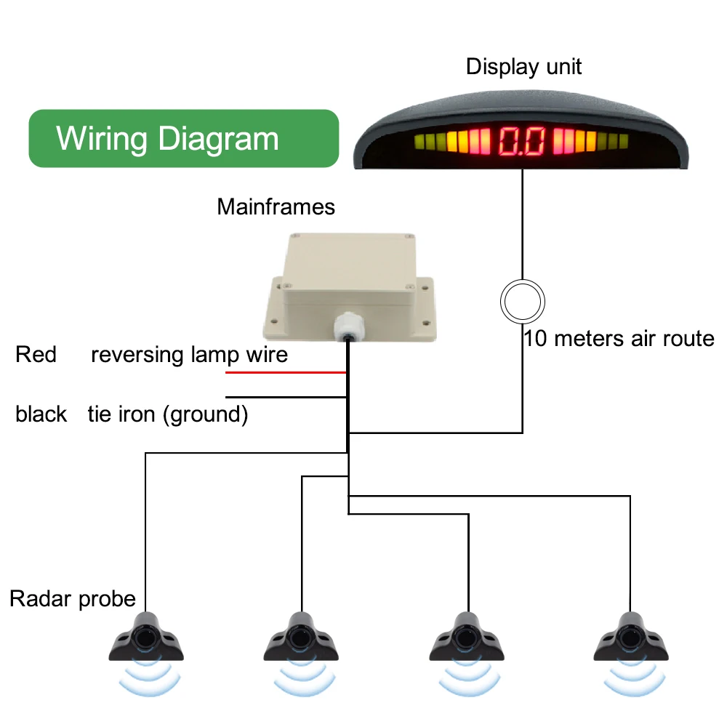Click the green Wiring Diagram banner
183,138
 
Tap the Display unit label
523,67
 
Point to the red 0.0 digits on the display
521,141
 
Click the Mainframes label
276,206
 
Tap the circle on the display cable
522,300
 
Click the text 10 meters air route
619,338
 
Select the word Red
36,355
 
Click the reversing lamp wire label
189,355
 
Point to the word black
41,414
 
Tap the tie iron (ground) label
168,414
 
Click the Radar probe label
73,599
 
